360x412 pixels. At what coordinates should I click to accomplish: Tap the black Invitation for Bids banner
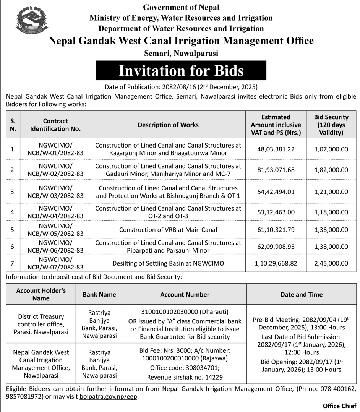point(181,71)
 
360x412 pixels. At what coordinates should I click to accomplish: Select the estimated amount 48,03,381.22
point(276,149)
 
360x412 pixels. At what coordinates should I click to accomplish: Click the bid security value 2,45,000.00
point(331,263)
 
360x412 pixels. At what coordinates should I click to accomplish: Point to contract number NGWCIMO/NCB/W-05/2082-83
point(55,230)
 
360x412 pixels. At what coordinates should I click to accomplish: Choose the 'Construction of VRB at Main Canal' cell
point(168,230)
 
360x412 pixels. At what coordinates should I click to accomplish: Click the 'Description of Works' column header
point(168,125)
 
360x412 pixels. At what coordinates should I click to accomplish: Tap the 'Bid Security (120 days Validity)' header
point(331,125)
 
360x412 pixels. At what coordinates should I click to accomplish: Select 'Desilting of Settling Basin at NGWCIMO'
point(168,263)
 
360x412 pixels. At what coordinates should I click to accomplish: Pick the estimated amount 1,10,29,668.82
point(276,263)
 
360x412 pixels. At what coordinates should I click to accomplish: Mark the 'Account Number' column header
point(185,294)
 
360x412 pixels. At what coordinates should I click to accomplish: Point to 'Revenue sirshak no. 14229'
point(185,377)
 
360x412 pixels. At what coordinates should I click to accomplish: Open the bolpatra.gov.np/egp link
point(108,397)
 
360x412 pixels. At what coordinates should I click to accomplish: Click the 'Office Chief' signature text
point(339,406)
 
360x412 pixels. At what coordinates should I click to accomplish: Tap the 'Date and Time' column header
point(301,294)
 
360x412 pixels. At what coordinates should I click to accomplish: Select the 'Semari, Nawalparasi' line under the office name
point(181,53)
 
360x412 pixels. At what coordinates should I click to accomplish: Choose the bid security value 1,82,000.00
point(331,170)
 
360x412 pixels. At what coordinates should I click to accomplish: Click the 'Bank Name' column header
point(99,294)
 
